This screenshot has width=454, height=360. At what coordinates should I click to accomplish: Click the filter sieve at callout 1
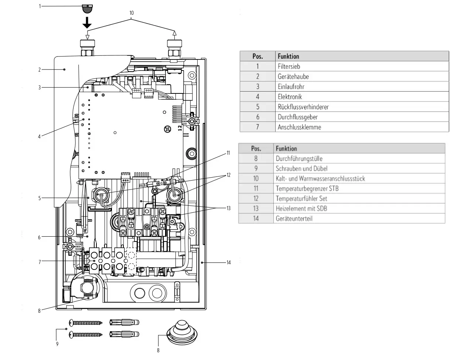[87, 9]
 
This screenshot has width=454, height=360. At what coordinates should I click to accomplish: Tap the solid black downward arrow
[87, 23]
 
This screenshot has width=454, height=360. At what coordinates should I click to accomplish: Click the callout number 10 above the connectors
[132, 13]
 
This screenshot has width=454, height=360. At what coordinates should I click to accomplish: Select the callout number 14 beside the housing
[228, 263]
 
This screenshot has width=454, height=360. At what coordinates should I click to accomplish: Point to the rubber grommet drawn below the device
[182, 333]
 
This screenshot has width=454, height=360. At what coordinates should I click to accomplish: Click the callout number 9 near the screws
[57, 344]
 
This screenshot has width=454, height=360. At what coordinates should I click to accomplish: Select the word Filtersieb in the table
[289, 66]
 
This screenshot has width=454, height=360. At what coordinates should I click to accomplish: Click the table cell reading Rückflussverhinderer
[303, 107]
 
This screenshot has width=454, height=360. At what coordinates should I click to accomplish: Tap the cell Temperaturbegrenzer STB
[307, 188]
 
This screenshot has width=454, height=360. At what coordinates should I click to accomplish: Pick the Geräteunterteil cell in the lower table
[294, 219]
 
